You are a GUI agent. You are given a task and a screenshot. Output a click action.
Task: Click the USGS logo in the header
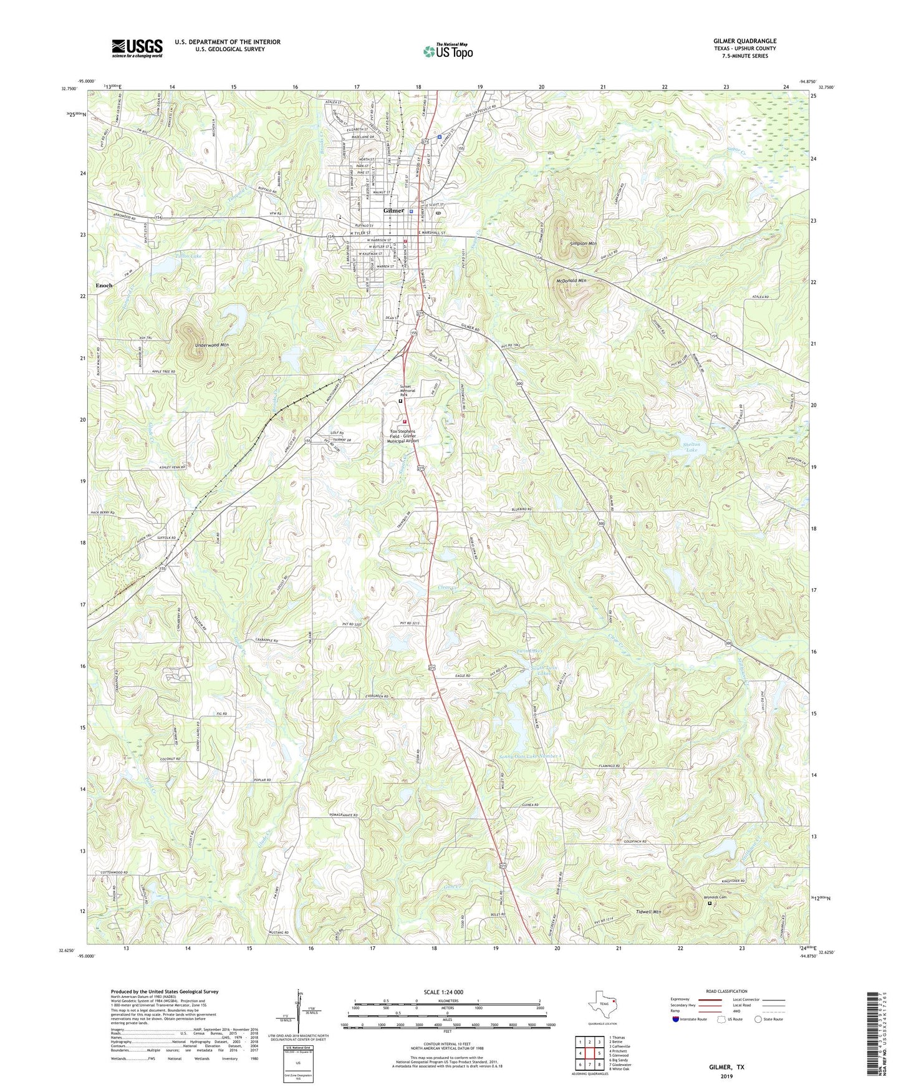pyautogui.click(x=137, y=48)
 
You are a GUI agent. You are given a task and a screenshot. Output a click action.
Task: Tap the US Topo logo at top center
pyautogui.click(x=448, y=51)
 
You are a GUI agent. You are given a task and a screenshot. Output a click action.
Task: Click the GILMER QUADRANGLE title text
pyautogui.click(x=744, y=41)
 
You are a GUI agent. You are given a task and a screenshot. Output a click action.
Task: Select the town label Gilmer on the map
pyautogui.click(x=393, y=211)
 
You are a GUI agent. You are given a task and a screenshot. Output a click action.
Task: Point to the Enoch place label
pyautogui.click(x=104, y=285)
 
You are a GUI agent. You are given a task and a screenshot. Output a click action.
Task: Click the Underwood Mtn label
pyautogui.click(x=212, y=344)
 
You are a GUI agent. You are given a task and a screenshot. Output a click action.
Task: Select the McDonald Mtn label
pyautogui.click(x=571, y=281)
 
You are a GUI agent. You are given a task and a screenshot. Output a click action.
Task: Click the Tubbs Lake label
pyautogui.click(x=188, y=256)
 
